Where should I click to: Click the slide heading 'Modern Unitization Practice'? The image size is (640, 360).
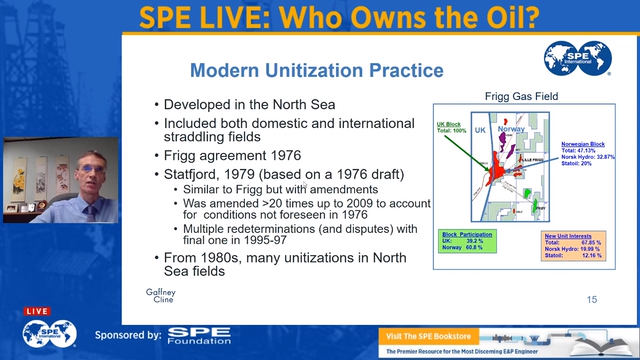tap(317, 70)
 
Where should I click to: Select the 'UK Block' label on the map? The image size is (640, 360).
tap(451, 127)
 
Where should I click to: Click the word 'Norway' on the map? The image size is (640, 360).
tap(511, 130)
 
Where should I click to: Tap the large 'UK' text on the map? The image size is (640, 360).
tap(478, 131)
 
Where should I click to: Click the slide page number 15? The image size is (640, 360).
tap(591, 299)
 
